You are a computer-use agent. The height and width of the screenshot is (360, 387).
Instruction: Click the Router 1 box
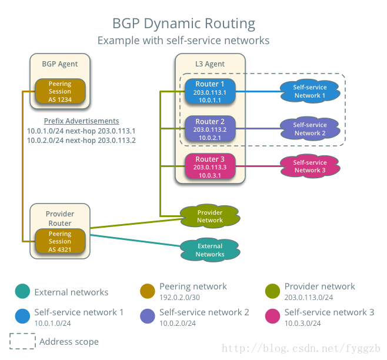[210, 92]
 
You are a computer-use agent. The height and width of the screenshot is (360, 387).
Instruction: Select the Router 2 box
[210, 129]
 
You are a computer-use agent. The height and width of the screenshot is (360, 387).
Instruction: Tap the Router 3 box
[210, 167]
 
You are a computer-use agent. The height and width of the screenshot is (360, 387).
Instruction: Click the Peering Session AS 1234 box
[60, 92]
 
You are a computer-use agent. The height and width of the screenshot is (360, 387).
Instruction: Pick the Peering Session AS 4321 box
[60, 242]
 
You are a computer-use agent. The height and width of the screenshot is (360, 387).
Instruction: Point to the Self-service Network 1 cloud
[310, 91]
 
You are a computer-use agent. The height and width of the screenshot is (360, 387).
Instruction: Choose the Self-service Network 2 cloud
[310, 129]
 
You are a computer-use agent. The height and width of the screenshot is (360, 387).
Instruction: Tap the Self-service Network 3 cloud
[310, 166]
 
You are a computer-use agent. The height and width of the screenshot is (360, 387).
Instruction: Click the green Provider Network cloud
[210, 216]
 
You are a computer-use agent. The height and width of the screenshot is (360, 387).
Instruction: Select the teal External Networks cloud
[210, 250]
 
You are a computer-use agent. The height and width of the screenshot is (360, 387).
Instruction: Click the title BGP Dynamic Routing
[184, 24]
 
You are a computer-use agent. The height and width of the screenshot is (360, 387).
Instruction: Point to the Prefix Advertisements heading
[81, 121]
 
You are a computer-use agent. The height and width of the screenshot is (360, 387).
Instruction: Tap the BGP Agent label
[60, 64]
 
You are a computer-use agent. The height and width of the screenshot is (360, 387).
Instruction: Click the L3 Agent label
[210, 64]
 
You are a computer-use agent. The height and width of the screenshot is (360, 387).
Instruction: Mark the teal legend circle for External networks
[22, 291]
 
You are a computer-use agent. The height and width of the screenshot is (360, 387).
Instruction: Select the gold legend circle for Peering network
[148, 291]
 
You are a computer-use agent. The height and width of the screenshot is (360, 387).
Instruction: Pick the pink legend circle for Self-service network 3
[273, 316]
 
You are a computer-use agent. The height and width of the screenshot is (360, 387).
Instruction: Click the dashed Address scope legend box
[22, 341]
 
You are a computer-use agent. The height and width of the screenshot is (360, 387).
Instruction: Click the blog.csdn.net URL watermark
[304, 348]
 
